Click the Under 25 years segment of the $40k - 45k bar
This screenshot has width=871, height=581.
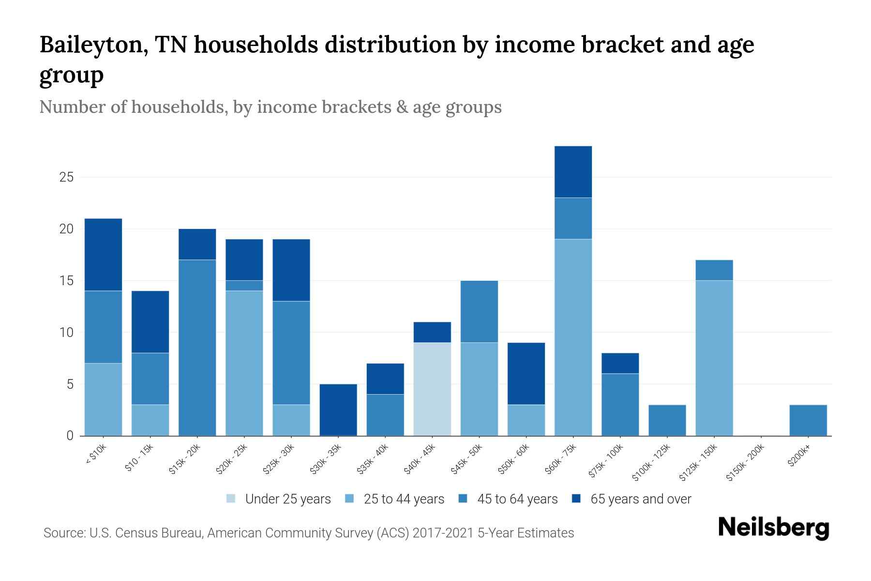click(432, 389)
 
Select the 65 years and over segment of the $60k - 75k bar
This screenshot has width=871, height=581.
click(573, 171)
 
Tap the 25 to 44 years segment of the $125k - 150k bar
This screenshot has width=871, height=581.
click(714, 358)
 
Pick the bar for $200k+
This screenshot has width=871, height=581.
click(808, 420)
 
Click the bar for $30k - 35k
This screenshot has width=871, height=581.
click(338, 410)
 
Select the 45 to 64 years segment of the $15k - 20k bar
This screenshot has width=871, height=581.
click(197, 347)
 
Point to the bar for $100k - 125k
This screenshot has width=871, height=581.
click(667, 420)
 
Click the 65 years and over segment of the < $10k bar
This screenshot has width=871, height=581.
click(103, 254)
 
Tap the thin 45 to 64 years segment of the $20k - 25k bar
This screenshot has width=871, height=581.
click(244, 285)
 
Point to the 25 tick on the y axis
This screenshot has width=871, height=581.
click(66, 177)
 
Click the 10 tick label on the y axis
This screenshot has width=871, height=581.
click(66, 333)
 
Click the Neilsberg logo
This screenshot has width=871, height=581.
click(773, 527)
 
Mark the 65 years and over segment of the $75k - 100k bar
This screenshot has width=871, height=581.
click(620, 363)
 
